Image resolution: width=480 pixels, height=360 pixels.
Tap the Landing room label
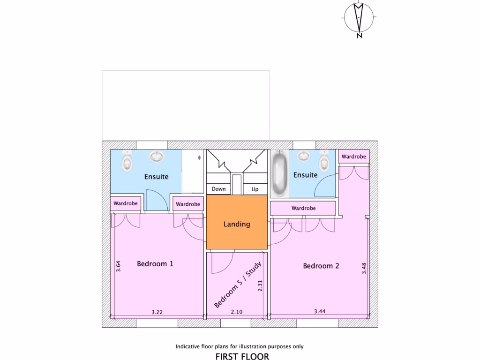[x=237, y=224]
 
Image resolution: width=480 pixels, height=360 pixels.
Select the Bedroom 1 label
[x=155, y=264]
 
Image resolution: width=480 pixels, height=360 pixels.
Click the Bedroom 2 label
[x=321, y=266]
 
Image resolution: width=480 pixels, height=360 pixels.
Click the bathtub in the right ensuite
[x=280, y=172]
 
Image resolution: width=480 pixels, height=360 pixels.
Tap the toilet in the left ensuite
[x=126, y=162]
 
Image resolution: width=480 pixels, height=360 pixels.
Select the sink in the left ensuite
[x=157, y=156]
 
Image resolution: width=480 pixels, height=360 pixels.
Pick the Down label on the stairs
[x=218, y=189]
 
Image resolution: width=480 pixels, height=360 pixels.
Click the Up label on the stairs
[x=255, y=189]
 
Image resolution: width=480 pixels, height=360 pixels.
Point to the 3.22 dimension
[x=157, y=312]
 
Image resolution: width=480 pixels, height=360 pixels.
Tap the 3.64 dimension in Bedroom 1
[x=119, y=267]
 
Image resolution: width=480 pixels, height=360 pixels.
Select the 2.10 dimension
[x=236, y=312]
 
